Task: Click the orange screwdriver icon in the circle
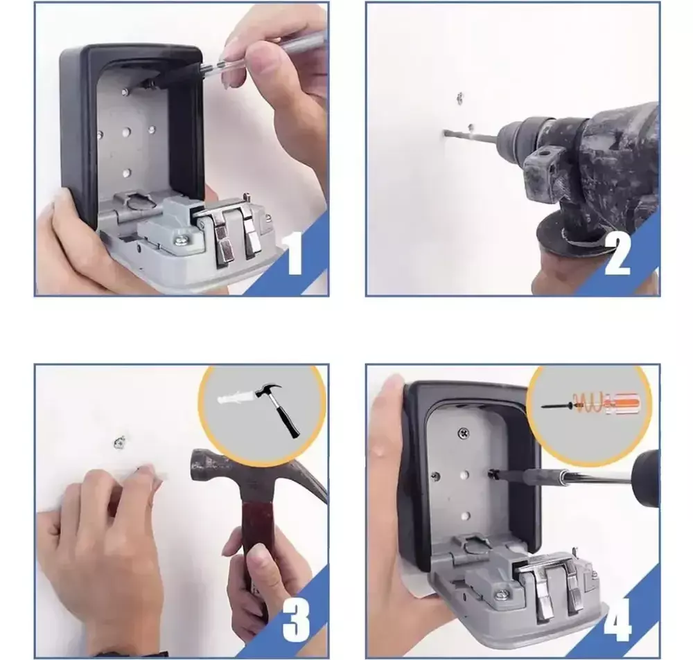click(x=590, y=401)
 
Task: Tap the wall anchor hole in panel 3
click(x=120, y=441)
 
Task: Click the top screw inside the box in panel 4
click(x=463, y=434)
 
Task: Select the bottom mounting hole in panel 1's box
click(x=127, y=172)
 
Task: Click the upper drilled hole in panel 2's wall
click(x=460, y=98)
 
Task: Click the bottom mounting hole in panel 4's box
click(x=464, y=515)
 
